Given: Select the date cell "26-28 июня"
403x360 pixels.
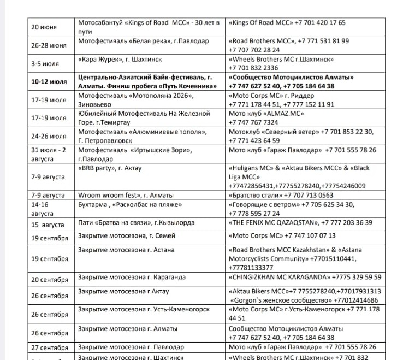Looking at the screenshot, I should click(x=49, y=45).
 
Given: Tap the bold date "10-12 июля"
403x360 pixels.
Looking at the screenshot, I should click(x=49, y=82).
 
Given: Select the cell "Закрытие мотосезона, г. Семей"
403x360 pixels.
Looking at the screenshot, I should click(x=126, y=236).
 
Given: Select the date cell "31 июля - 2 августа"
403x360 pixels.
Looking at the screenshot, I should click(x=49, y=154).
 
